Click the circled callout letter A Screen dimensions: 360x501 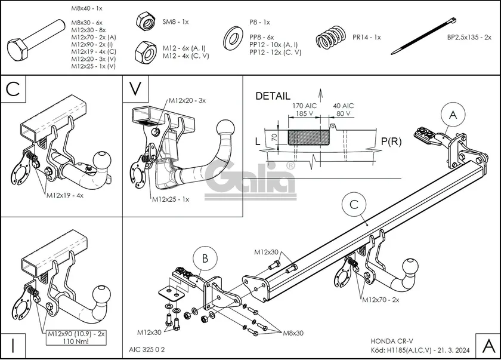[x=452, y=115]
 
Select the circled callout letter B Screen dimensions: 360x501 [x=204, y=259]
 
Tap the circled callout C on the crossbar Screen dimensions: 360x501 [x=354, y=204]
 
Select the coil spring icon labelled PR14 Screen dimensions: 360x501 [x=330, y=38]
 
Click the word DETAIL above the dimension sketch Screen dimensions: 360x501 [x=273, y=96]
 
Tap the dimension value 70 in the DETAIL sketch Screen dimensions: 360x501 [x=273, y=137]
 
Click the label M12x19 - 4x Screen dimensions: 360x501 [x=64, y=195]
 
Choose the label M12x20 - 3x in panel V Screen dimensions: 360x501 [x=186, y=100]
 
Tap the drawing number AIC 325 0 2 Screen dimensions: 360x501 [x=148, y=350]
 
